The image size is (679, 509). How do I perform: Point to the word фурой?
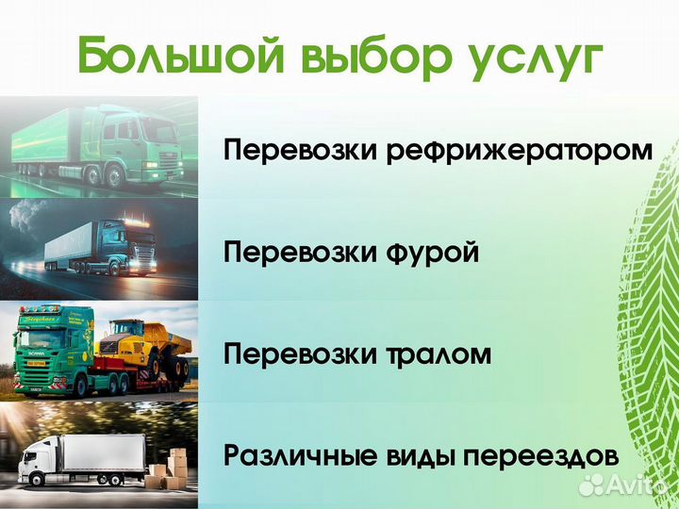pyautogui.click(x=433, y=254)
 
